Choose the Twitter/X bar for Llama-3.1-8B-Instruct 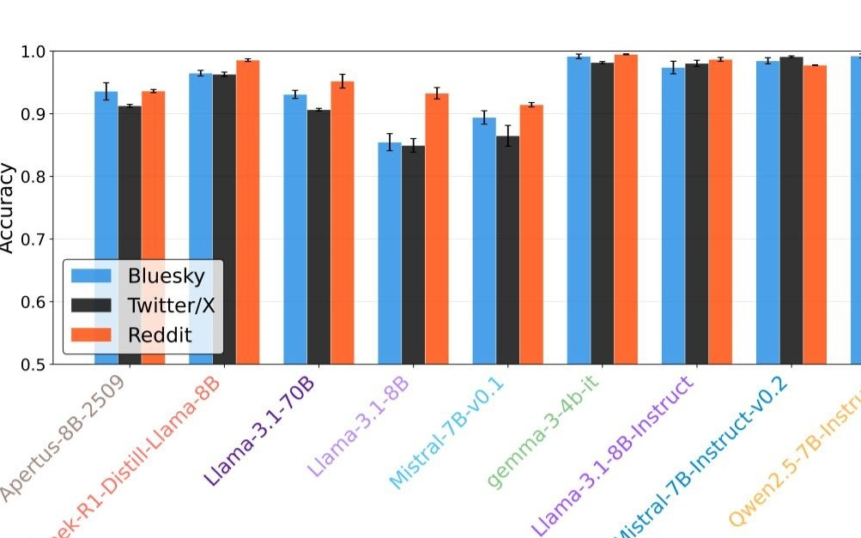point(697,214)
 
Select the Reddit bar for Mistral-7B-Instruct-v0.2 point(815,215)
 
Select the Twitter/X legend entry point(171,305)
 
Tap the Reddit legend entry point(160,334)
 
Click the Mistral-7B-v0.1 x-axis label point(446,433)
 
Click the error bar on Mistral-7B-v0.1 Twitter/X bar point(507,136)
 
